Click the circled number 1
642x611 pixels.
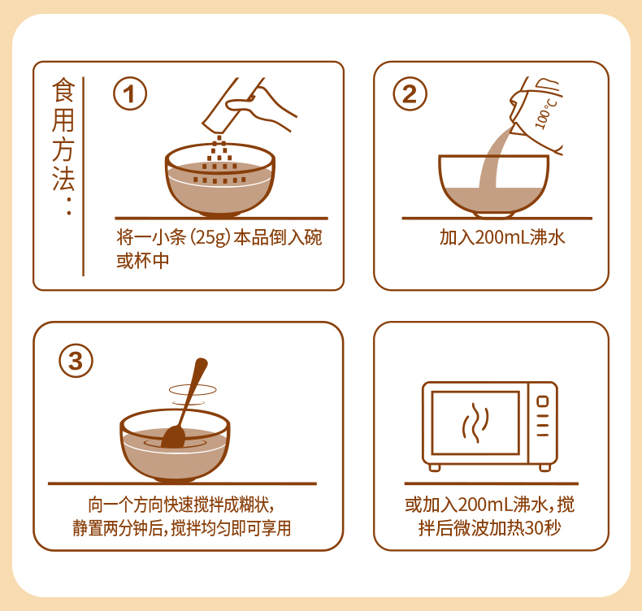pos(130,93)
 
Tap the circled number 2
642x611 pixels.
pos(410,93)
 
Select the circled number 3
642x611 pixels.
pos(76,361)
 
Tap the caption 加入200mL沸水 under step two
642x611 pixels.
pos(502,237)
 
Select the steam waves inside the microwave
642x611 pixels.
pos(475,422)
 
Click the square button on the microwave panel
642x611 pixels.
pos(543,401)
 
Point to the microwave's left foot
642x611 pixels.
pos(435,467)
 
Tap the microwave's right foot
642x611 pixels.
pos(544,467)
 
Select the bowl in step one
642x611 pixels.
pos(220,180)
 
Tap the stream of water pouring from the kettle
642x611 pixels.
pos(493,158)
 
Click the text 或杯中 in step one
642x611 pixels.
pos(142,261)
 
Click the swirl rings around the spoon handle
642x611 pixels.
pos(193,394)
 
